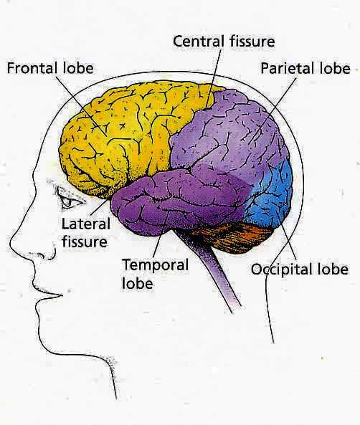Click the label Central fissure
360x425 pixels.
pyautogui.click(x=224, y=42)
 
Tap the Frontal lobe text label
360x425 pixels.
pyautogui.click(x=50, y=68)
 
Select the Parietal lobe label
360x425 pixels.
pyautogui.click(x=305, y=68)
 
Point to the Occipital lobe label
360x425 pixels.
pyautogui.click(x=300, y=269)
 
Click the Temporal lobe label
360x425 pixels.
pyautogui.click(x=155, y=274)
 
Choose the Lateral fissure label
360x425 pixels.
pyautogui.click(x=86, y=233)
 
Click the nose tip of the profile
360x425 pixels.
pyautogui.click(x=11, y=242)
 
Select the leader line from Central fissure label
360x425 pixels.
pyautogui.click(x=213, y=79)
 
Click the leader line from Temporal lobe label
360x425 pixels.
pyautogui.click(x=161, y=234)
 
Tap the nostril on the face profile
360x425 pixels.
pyautogui.click(x=49, y=255)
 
